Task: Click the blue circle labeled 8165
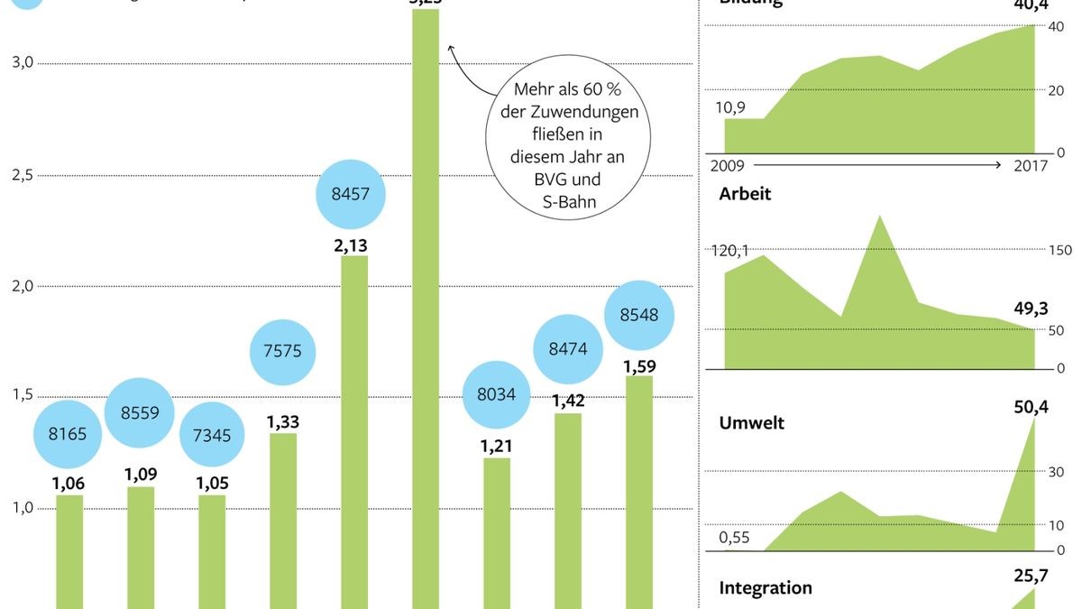pyautogui.click(x=68, y=434)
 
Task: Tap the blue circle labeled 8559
pyautogui.click(x=139, y=412)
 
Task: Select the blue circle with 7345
pyautogui.click(x=212, y=436)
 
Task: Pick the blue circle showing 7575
pyautogui.click(x=284, y=352)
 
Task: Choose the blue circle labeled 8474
pyautogui.click(x=568, y=347)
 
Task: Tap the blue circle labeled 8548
pyautogui.click(x=639, y=315)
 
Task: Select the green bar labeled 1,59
pyautogui.click(x=639, y=492)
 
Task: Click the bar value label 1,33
pyautogui.click(x=283, y=421)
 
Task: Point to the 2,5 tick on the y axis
pyautogui.click(x=21, y=175)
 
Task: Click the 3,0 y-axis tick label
pyautogui.click(x=21, y=63)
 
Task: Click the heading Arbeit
pyautogui.click(x=745, y=194)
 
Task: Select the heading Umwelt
pyautogui.click(x=751, y=423)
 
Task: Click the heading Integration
pyautogui.click(x=766, y=588)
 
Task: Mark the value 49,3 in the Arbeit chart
pyautogui.click(x=1031, y=309)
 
